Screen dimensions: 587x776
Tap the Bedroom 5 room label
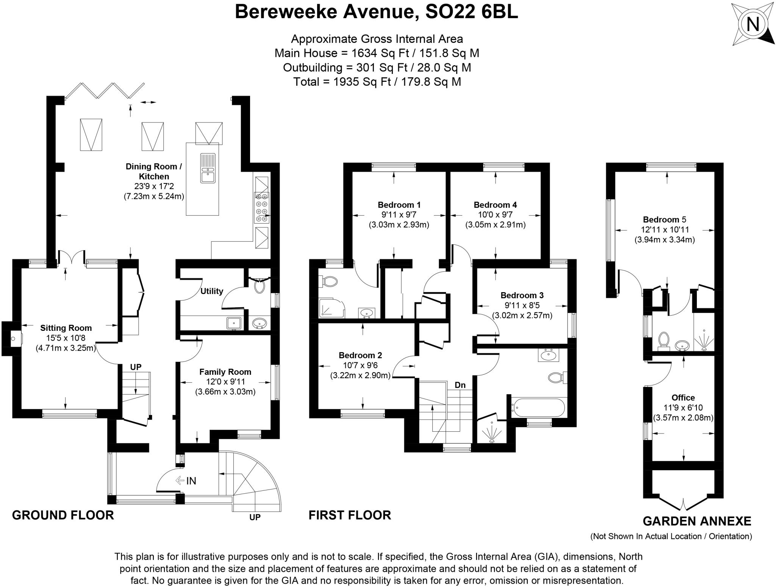pyautogui.click(x=664, y=219)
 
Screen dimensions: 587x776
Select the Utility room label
pyautogui.click(x=211, y=291)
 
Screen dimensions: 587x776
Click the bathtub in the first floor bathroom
pyautogui.click(x=538, y=408)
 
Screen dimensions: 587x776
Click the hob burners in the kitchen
pyautogui.click(x=261, y=207)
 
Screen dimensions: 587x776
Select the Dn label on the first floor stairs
pyautogui.click(x=460, y=385)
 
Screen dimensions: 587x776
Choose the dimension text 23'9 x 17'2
pyautogui.click(x=154, y=186)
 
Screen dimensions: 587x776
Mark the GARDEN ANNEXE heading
pyautogui.click(x=697, y=521)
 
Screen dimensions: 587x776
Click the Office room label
pyautogui.click(x=683, y=398)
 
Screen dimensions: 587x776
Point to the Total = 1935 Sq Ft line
pyautogui.click(x=377, y=82)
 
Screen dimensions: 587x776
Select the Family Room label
pyautogui.click(x=225, y=372)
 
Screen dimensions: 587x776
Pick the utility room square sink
pyautogui.click(x=233, y=323)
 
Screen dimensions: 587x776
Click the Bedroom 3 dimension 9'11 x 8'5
pyautogui.click(x=522, y=305)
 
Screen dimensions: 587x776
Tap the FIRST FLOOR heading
pyautogui.click(x=349, y=515)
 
